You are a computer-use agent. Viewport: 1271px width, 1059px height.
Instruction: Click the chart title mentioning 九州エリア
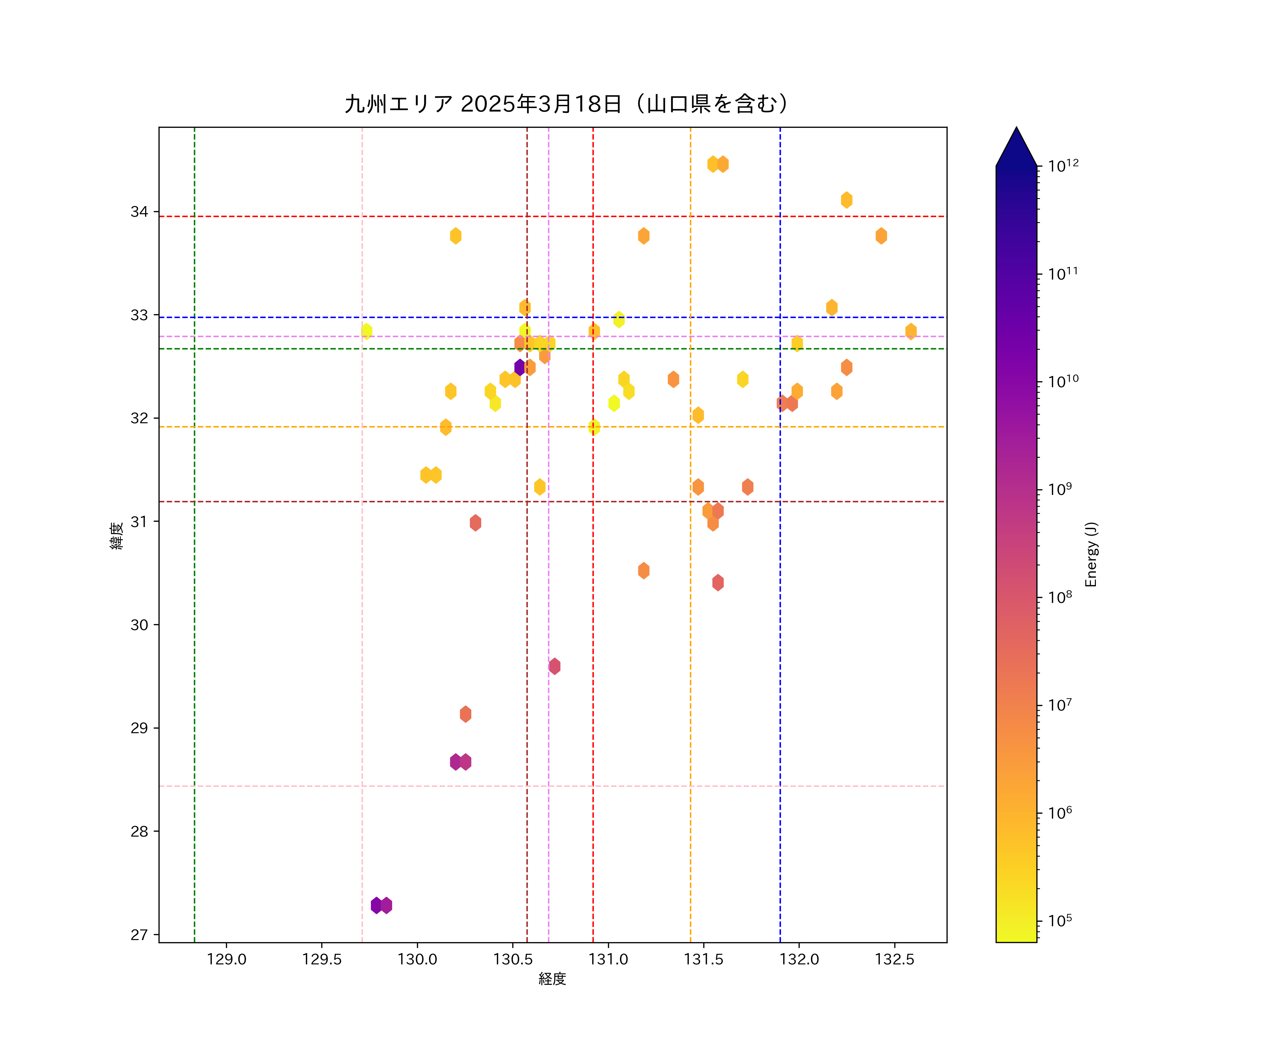pos(567,104)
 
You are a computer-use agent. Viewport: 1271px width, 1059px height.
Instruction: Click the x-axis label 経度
pos(552,979)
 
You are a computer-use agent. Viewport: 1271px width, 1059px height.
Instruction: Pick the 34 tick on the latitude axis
pos(139,212)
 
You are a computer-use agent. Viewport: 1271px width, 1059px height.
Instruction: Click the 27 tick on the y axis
pos(139,935)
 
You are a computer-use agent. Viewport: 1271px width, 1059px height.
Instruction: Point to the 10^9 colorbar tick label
pos(1060,489)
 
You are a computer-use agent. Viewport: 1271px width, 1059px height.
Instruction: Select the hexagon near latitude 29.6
pos(554,666)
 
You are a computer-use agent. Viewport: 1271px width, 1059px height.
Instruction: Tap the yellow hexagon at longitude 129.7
pos(366,331)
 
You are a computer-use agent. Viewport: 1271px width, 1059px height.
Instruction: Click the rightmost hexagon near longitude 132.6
pos(911,331)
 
